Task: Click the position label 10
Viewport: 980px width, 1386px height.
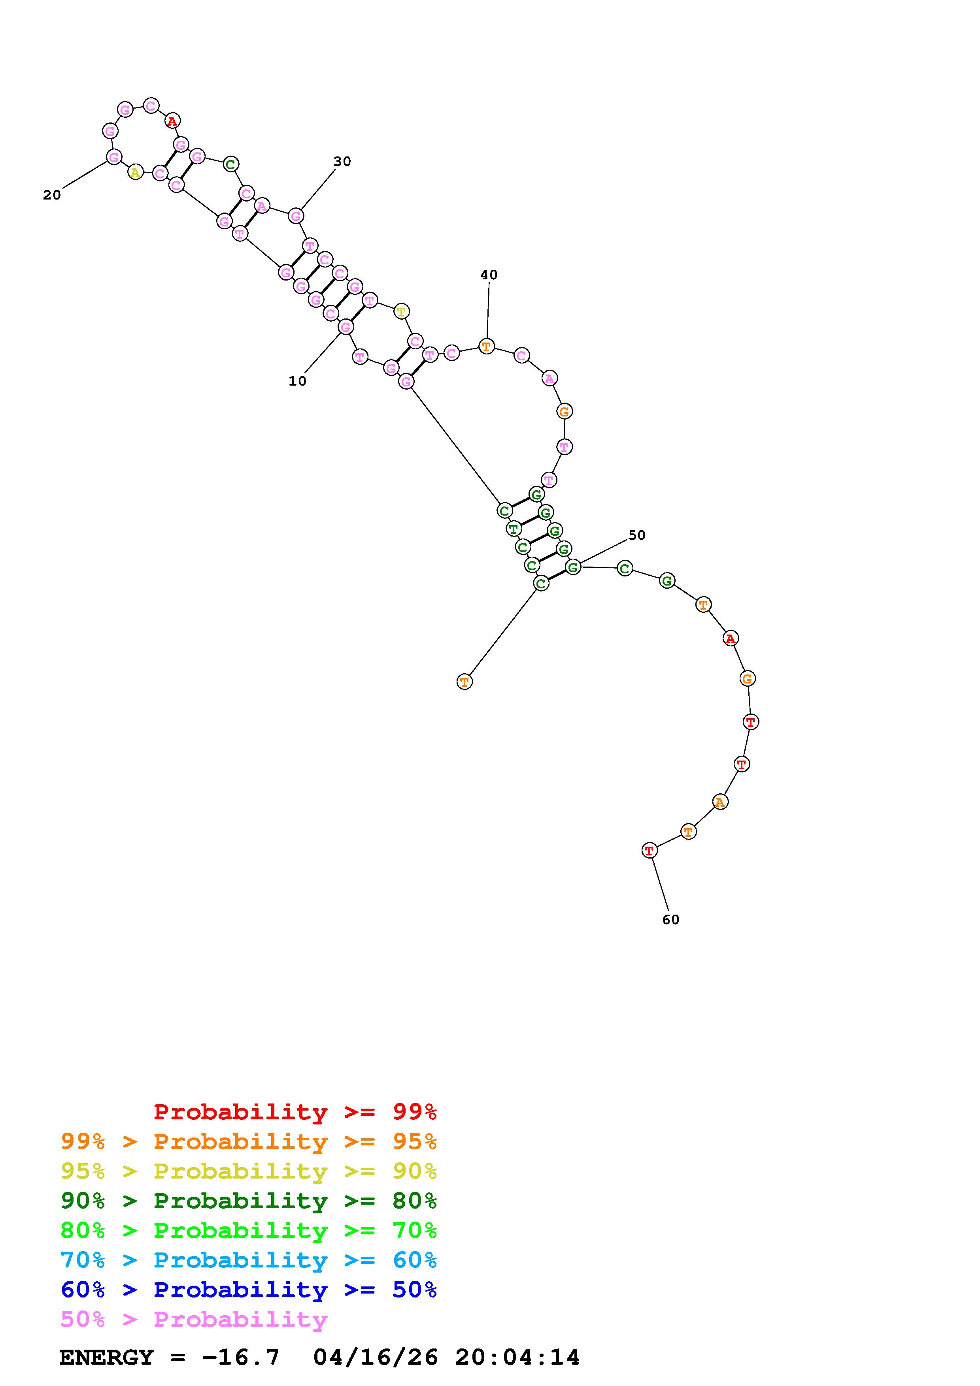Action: (x=297, y=381)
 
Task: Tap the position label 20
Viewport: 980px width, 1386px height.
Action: (x=52, y=195)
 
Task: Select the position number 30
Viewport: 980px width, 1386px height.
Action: (x=342, y=161)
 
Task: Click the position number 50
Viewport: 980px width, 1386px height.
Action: (x=636, y=535)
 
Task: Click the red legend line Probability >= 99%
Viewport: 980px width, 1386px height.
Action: (x=295, y=1112)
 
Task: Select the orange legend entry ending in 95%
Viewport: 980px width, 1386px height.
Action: (x=249, y=1141)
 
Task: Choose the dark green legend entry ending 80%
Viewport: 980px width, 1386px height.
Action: (x=249, y=1201)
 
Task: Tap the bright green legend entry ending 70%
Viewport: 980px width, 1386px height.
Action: (x=249, y=1230)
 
